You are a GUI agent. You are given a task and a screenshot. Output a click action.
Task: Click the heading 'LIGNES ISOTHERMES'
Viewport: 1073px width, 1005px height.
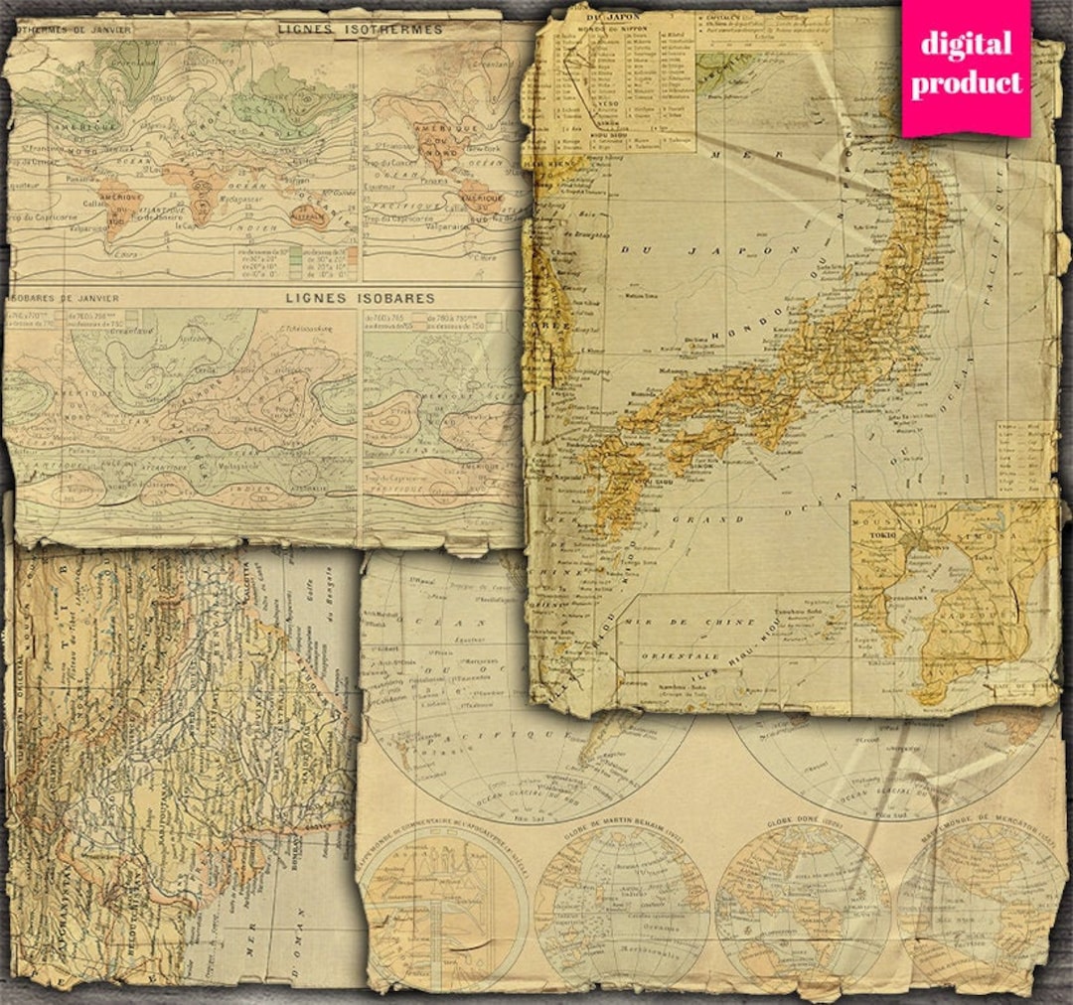click(x=359, y=29)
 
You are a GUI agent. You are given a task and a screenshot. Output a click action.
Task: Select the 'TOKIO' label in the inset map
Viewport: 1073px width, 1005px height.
click(x=881, y=535)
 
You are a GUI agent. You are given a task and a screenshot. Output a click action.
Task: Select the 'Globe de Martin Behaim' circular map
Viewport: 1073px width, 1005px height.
click(x=622, y=905)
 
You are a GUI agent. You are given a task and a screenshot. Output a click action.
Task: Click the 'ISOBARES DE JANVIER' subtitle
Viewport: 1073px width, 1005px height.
click(x=64, y=297)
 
